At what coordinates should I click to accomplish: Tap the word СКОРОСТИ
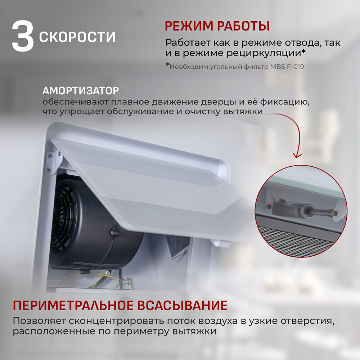pyautogui.click(x=77, y=37)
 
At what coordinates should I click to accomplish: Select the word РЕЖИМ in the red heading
pyautogui.click(x=188, y=26)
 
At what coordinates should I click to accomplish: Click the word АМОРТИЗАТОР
pyautogui.click(x=80, y=90)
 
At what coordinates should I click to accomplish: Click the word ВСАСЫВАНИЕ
pyautogui.click(x=183, y=306)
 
